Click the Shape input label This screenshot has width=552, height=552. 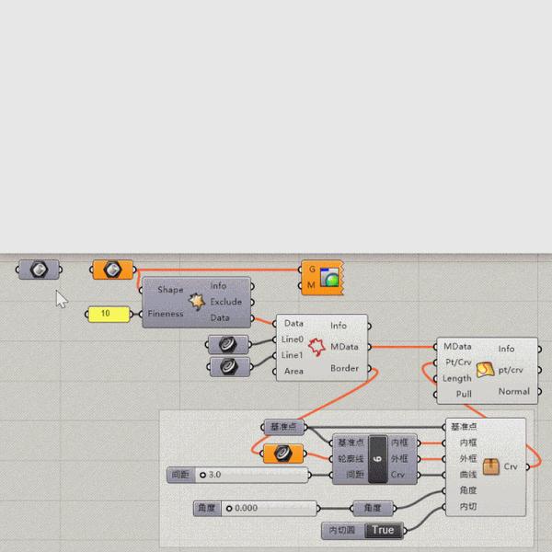pos(170,290)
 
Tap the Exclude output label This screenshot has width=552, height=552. pos(225,302)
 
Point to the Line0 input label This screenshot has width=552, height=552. pos(293,339)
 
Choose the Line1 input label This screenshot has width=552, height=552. pos(293,355)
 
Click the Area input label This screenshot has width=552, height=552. pos(293,371)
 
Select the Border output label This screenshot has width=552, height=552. pos(344,369)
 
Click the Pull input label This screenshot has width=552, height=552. pos(457,394)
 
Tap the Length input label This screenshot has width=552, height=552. pos(457,378)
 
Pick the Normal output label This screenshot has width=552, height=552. pos(513,391)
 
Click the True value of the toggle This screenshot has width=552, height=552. pos(384,530)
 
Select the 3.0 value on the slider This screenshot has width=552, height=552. pos(215,475)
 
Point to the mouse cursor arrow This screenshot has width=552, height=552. pos(60,297)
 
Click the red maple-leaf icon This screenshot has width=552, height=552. pos(317,348)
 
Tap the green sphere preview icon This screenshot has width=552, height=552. pos(329,278)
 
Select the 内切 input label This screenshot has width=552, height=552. pos(468,507)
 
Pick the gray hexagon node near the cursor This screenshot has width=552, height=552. pos(39,270)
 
